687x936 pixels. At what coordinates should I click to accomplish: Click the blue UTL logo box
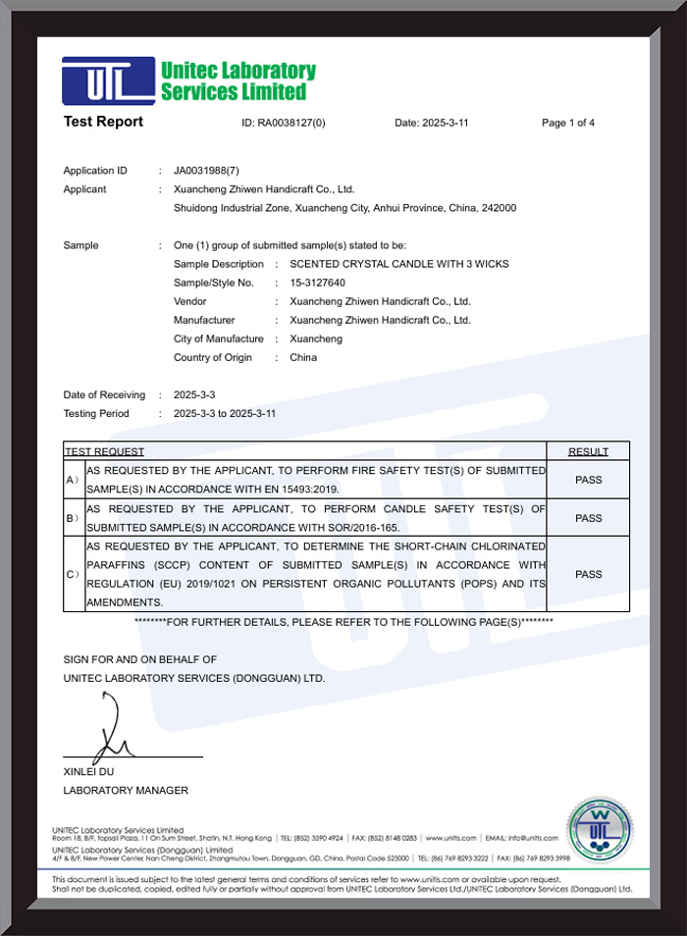[x=108, y=81]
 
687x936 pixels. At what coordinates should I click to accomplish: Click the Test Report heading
[x=103, y=122]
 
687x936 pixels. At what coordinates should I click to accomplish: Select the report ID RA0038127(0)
[x=284, y=124]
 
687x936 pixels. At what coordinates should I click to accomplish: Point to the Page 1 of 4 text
[x=568, y=124]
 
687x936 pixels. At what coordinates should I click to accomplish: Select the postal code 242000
[x=499, y=208]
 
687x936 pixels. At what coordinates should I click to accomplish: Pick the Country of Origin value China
[x=303, y=357]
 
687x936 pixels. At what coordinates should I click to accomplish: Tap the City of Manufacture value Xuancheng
[x=316, y=338]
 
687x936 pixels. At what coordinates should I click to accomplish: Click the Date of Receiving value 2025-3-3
[x=193, y=394]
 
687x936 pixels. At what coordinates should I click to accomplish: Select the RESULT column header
[x=588, y=451]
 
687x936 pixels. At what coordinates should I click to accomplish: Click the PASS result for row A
[x=588, y=480]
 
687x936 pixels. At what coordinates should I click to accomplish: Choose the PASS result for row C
[x=588, y=574]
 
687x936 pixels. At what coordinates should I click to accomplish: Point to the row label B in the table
[x=72, y=517]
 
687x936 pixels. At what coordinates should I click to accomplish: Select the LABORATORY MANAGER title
[x=126, y=790]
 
